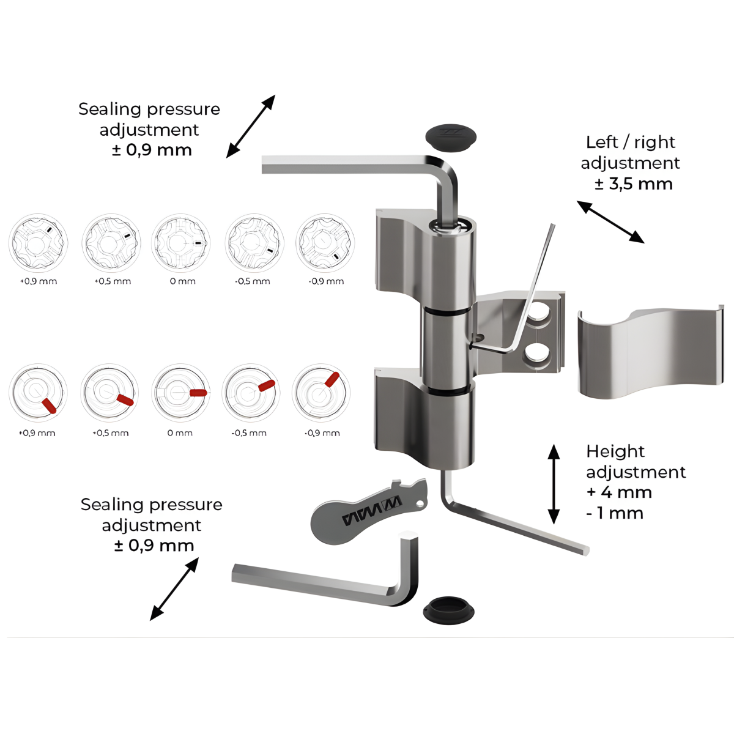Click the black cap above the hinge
[x=451, y=137]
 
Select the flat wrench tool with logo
[x=369, y=511]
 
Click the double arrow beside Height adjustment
[x=554, y=484]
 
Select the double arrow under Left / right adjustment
[x=610, y=221]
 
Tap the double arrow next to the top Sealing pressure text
[x=251, y=126]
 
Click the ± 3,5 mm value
[x=634, y=184]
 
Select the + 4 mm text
[x=620, y=492]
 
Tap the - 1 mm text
[x=615, y=513]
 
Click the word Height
[x=615, y=452]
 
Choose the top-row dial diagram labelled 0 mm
[x=181, y=243]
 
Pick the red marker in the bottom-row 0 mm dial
[x=198, y=393]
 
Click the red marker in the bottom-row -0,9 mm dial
[x=332, y=379]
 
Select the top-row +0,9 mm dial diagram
[x=38, y=243]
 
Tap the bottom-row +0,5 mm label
[x=111, y=433]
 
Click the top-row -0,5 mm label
[x=252, y=281]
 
